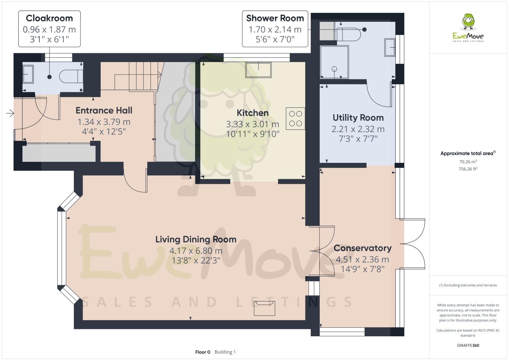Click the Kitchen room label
pyautogui.click(x=252, y=113)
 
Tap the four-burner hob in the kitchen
pyautogui.click(x=295, y=119)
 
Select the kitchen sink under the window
pyautogui.click(x=258, y=70)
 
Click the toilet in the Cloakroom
pyautogui.click(x=71, y=77)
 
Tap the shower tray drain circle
pyautogui.click(x=334, y=69)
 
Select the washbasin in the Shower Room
pyautogui.click(x=389, y=47)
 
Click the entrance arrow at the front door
pyautogui.click(x=10, y=113)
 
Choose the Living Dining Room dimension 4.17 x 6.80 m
pyautogui.click(x=196, y=251)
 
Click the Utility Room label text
pyautogui.click(x=358, y=118)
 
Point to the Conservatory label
pyautogui.click(x=362, y=248)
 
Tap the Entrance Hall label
pyautogui.click(x=104, y=110)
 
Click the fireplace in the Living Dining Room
pyautogui.click(x=265, y=308)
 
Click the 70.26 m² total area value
pyautogui.click(x=468, y=162)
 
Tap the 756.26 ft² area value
pyautogui.click(x=468, y=169)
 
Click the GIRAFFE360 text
pyautogui.click(x=468, y=345)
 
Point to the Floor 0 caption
pyautogui.click(x=202, y=352)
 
